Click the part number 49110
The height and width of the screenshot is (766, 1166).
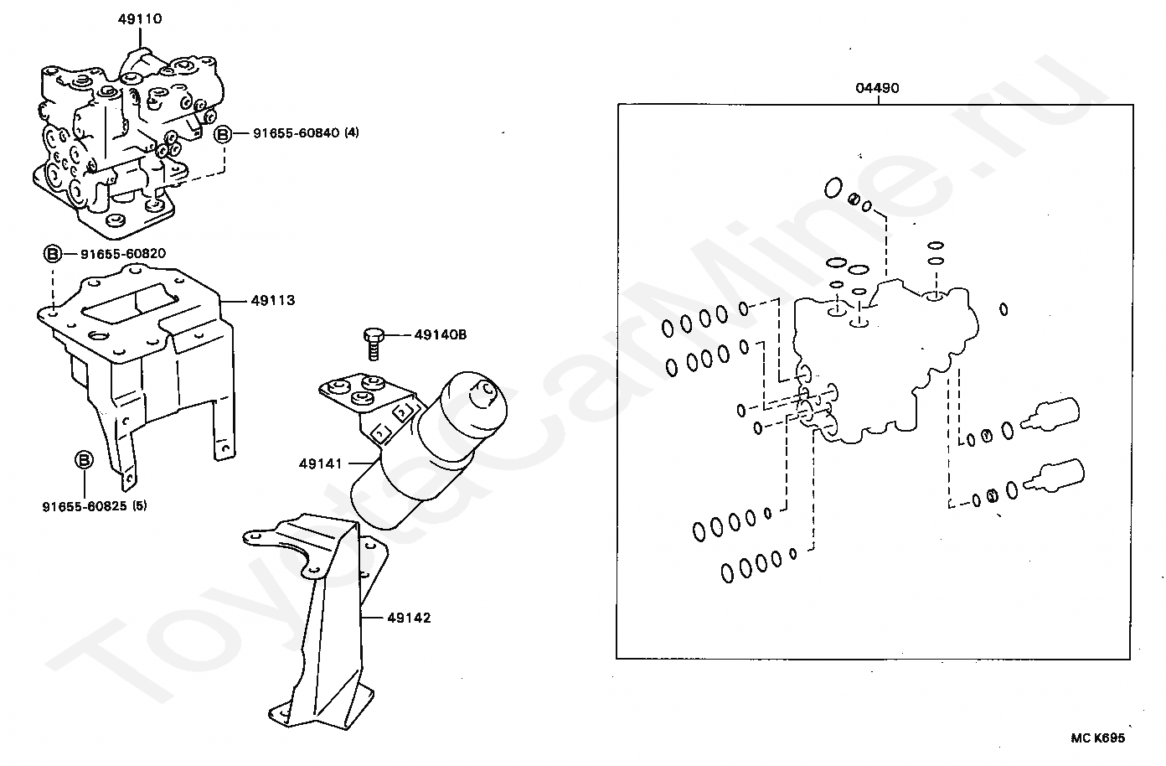pos(139,18)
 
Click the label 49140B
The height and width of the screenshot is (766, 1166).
pos(440,335)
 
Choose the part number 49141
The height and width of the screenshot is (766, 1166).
pos(320,463)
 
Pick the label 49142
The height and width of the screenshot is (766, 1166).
pos(409,618)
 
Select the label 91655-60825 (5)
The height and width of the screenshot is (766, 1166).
pos(95,506)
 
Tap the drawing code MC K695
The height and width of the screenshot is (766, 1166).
pos(1097,738)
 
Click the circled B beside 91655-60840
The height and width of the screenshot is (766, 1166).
pos(223,133)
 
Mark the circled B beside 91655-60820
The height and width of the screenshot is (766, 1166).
pos(52,253)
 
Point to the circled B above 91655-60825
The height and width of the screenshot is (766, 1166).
pos(84,459)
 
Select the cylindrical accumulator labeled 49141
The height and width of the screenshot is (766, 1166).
pos(427,453)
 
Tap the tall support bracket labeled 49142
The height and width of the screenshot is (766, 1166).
pos(327,620)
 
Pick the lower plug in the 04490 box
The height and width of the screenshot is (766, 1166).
pos(1056,475)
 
